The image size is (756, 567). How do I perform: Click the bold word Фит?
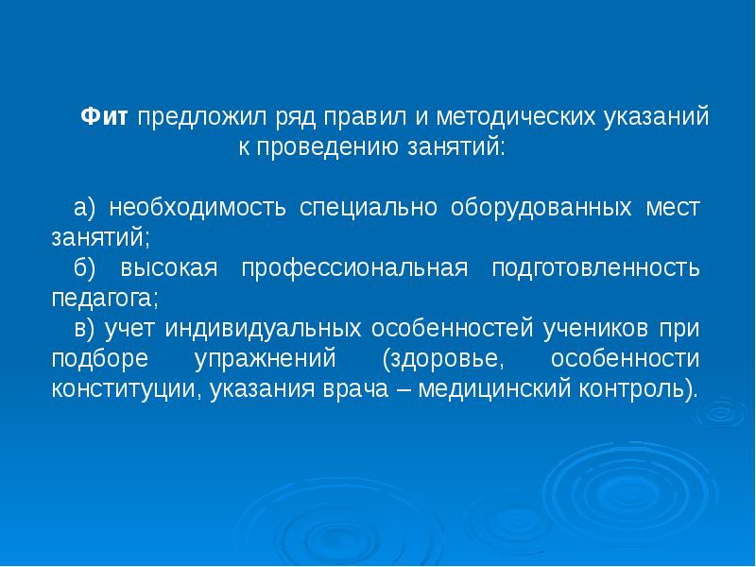(105, 118)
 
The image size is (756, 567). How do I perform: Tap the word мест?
(674, 208)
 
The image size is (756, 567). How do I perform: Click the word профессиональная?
(354, 268)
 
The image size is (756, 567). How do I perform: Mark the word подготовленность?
(596, 268)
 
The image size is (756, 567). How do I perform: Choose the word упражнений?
(266, 359)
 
